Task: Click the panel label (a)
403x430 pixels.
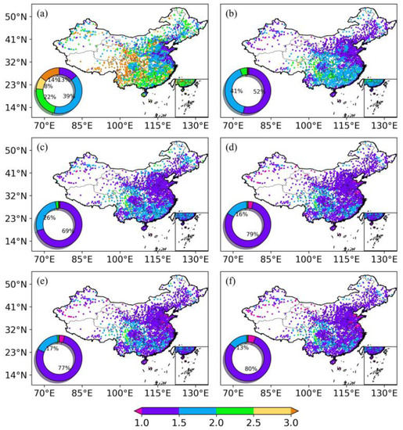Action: (44, 12)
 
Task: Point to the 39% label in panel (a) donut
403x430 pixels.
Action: (69, 95)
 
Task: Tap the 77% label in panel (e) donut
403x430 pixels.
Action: (67, 367)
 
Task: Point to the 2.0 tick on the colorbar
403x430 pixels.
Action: (216, 422)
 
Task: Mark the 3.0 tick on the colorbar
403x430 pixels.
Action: (291, 422)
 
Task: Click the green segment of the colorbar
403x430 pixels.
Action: (235, 409)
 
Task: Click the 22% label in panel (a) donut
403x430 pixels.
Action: (49, 97)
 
